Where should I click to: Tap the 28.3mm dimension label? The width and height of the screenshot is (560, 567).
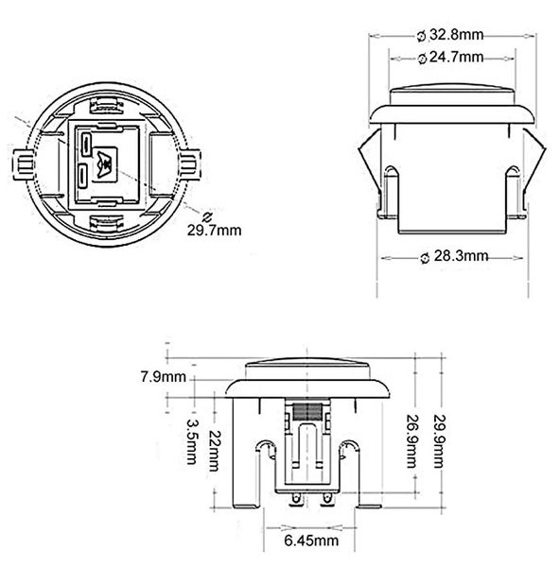coord(459,256)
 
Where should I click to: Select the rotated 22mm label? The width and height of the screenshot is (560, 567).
coord(217,443)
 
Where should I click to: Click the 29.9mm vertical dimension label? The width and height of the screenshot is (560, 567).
coord(437,441)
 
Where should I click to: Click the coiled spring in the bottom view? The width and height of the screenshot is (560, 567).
coord(305,409)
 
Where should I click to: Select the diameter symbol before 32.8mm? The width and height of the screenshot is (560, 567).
coord(421,36)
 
